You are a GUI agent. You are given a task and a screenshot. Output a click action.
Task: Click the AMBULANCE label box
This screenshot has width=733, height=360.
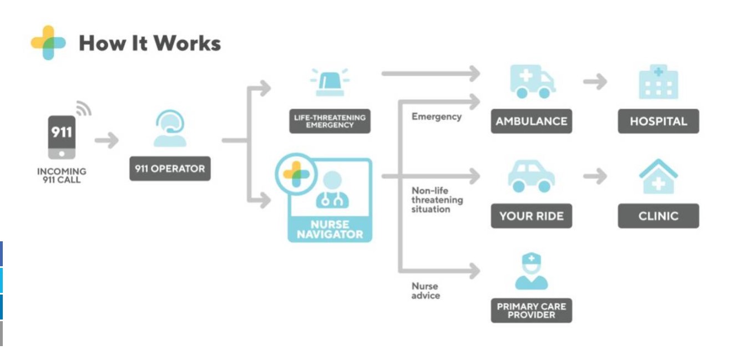click(531, 121)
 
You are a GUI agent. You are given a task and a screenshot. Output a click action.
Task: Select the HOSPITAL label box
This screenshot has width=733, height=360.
click(658, 121)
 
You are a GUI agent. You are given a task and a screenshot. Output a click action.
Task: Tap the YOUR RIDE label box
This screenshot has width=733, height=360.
click(531, 216)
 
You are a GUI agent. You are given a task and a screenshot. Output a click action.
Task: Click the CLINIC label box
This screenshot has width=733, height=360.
click(658, 216)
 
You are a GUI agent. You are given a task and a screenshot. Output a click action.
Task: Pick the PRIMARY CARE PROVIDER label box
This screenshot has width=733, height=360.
click(531, 311)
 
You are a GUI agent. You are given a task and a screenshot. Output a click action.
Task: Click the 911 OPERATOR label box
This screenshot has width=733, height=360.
click(170, 168)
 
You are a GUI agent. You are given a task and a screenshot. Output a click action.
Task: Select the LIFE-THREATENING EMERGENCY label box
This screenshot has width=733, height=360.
click(330, 121)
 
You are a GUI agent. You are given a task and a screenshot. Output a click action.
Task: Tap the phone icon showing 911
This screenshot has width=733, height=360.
click(62, 136)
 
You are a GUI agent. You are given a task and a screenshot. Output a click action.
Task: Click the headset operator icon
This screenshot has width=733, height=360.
click(170, 129)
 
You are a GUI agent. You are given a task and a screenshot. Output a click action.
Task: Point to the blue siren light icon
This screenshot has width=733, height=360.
click(330, 83)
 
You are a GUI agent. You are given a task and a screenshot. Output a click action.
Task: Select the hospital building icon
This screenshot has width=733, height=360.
click(658, 82)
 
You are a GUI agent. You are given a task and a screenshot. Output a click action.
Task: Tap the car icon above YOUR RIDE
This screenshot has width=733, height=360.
click(531, 176)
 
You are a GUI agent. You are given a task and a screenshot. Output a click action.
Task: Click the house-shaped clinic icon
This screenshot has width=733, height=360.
click(658, 176)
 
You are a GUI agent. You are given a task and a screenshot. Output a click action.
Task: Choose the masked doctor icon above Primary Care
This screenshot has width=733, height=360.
click(531, 271)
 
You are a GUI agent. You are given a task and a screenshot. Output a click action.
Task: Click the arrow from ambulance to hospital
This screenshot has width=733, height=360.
click(595, 82)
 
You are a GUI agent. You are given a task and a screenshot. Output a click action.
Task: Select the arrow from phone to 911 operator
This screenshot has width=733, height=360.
click(107, 141)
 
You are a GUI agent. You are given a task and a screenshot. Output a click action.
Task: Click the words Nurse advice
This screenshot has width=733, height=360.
click(426, 291)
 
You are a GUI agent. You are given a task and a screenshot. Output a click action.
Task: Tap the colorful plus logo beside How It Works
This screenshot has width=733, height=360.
click(48, 43)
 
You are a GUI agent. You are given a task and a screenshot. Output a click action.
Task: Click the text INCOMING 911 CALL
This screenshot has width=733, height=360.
click(62, 176)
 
